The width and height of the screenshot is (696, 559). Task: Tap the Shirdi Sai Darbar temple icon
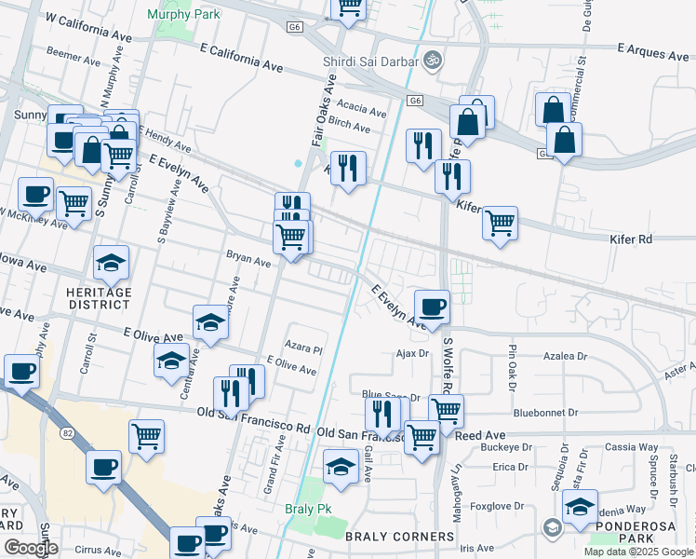tap(431, 61)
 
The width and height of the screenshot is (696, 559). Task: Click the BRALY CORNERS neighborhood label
tap(400, 537)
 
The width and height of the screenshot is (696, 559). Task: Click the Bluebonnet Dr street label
tap(545, 412)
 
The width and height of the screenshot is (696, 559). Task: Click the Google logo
tap(31, 548)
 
